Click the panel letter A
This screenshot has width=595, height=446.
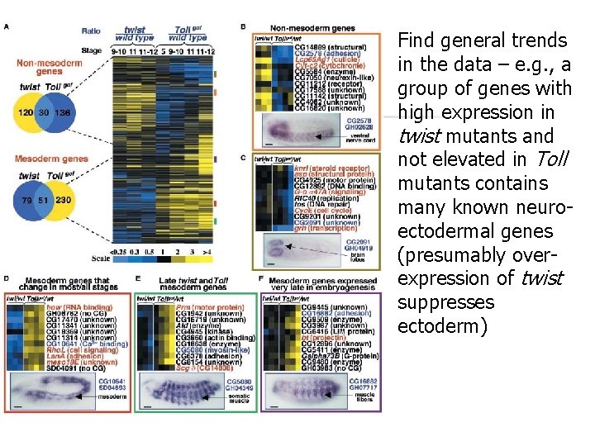tap(7, 27)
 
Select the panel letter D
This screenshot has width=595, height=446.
tap(7, 279)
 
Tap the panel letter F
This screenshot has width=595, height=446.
tap(262, 279)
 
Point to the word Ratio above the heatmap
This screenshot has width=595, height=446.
tap(91, 31)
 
